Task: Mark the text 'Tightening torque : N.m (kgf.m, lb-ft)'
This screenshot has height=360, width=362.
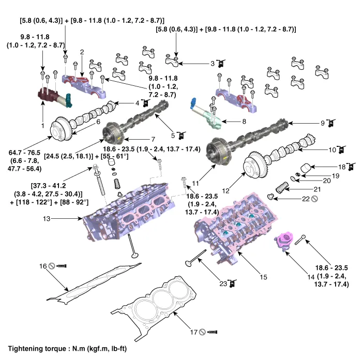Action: tap(68, 349)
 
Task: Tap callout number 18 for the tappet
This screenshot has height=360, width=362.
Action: tap(341, 167)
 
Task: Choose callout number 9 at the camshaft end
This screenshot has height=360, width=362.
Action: tap(322, 123)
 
